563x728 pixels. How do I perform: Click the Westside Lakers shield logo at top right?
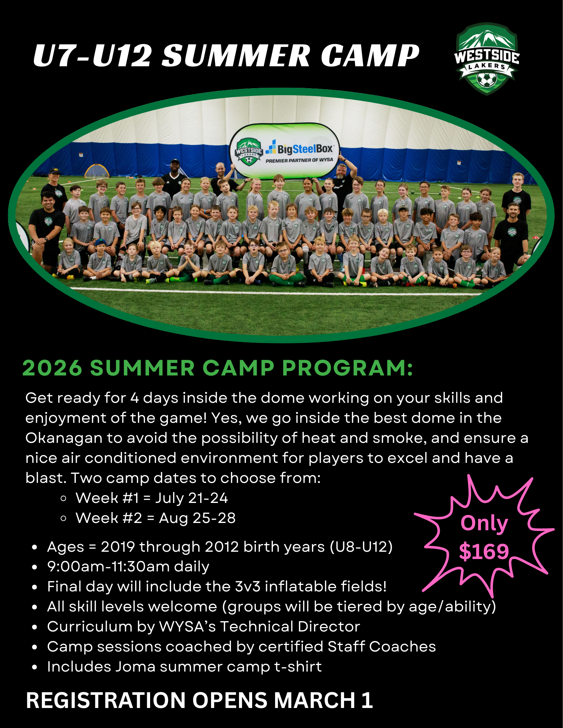(x=487, y=59)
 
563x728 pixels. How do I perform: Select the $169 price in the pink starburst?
(x=484, y=551)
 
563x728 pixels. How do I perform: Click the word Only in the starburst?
(x=484, y=524)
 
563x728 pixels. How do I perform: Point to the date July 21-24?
(x=192, y=498)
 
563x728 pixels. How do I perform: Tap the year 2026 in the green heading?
(x=52, y=368)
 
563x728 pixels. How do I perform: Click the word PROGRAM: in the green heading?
(x=347, y=368)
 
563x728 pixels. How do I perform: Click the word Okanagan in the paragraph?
(x=64, y=438)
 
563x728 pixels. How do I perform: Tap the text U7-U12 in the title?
(x=92, y=56)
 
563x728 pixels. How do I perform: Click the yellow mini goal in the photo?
(x=97, y=171)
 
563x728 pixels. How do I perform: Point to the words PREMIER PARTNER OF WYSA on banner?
(x=299, y=160)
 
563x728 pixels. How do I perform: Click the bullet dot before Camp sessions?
(x=35, y=647)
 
